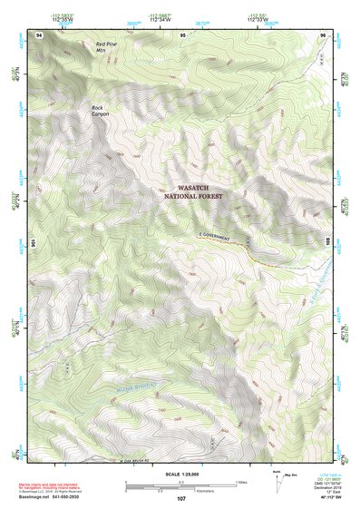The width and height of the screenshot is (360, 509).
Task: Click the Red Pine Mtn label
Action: pyautogui.click(x=106, y=47)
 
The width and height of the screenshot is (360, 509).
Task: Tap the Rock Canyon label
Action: pyautogui.click(x=98, y=111)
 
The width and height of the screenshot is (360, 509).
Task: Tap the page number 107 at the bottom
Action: pyautogui.click(x=180, y=499)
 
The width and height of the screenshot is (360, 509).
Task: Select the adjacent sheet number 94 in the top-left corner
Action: pyautogui.click(x=39, y=34)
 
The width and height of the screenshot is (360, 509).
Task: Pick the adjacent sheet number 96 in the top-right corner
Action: pyautogui.click(x=323, y=34)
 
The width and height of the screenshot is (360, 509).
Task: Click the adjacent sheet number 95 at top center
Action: pyautogui.click(x=182, y=34)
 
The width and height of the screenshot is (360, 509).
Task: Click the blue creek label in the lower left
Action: pyautogui.click(x=128, y=391)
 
